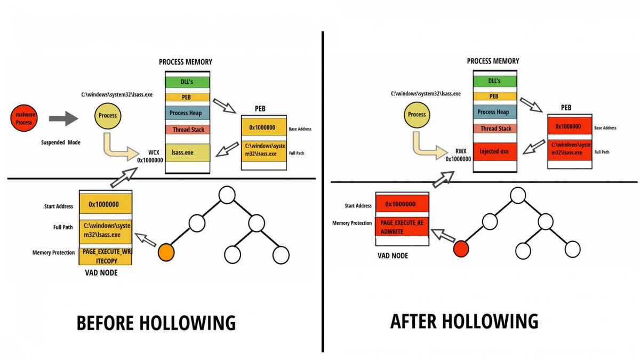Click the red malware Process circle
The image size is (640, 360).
(23, 118)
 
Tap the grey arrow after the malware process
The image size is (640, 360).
(63, 119)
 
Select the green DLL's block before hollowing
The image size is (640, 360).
(187, 82)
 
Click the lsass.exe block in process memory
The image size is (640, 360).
(187, 152)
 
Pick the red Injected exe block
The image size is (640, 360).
(495, 151)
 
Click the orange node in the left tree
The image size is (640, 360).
(166, 252)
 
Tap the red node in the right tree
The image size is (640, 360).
(460, 249)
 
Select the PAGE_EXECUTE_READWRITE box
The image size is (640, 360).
(402, 227)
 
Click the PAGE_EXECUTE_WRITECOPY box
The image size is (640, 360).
(106, 255)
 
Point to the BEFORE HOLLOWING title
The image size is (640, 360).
(156, 323)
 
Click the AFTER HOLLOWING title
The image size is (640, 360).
(464, 321)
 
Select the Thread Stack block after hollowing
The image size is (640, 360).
(495, 129)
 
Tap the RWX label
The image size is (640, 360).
(462, 151)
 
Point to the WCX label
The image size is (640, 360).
(154, 152)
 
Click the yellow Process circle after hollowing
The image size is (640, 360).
(417, 115)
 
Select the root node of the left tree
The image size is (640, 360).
(227, 195)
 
